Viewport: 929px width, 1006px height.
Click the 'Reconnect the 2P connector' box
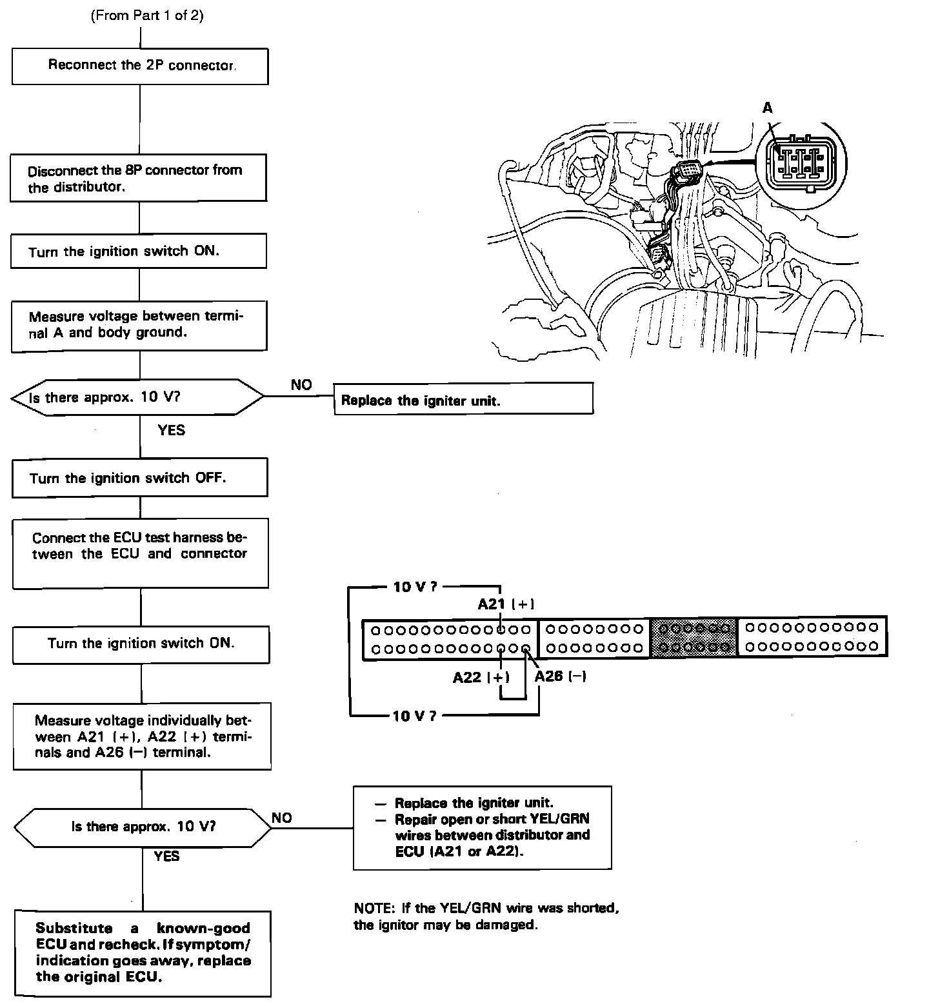pos(140,66)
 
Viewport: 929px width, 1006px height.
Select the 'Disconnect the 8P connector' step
pos(138,178)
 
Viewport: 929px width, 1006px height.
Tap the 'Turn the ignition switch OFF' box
pos(139,478)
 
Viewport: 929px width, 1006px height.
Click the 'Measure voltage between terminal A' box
pos(139,326)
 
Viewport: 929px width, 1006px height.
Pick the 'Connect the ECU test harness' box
pos(140,554)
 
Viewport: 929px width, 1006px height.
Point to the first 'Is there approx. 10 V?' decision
pos(137,397)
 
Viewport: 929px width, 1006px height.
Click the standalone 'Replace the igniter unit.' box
pos(463,399)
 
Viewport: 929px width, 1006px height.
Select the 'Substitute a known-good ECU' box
pos(143,953)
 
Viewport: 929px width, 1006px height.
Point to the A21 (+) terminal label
pos(506,604)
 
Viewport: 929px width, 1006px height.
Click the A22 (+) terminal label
pos(481,677)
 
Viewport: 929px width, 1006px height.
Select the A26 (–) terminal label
pos(560,676)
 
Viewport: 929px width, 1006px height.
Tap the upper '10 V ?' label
pos(415,587)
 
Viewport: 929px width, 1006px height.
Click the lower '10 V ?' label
pos(414,715)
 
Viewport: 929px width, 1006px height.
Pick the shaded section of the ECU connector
pos(694,636)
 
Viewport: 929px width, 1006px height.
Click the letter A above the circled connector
pos(767,108)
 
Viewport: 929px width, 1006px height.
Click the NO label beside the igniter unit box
pos(301,385)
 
